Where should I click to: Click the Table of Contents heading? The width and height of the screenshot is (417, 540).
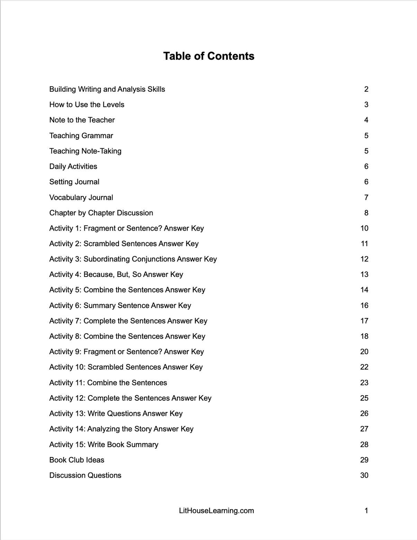point(208,56)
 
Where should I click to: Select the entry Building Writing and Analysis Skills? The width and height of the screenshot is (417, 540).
point(107,89)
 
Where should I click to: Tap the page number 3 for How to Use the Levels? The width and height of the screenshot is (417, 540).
point(366,104)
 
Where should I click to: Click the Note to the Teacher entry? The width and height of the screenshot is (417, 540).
point(82,120)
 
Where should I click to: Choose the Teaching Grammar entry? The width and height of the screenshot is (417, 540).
point(81,136)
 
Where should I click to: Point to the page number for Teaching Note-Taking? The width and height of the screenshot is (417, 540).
point(366,151)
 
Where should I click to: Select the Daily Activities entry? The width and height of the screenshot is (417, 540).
point(73,166)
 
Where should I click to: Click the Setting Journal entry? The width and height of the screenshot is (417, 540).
point(74,182)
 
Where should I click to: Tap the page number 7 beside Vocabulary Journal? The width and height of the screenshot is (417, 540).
point(366,197)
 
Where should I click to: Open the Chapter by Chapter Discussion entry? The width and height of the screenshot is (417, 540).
point(101,213)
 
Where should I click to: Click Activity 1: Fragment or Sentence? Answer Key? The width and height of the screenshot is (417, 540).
point(127,228)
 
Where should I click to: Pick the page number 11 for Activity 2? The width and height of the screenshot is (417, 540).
point(364,244)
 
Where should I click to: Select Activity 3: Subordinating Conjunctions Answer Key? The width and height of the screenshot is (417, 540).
point(133,259)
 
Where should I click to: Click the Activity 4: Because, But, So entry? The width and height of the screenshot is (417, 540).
point(116,274)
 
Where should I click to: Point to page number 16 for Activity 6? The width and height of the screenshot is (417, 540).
point(364,305)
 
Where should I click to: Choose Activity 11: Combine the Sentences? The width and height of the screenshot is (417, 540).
point(108,383)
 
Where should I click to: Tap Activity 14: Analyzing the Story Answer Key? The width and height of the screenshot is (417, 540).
point(121,429)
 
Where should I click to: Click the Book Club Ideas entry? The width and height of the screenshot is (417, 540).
point(77,460)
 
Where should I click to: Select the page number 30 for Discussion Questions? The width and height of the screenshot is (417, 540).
point(364,475)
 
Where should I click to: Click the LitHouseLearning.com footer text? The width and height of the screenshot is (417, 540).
point(216,511)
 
